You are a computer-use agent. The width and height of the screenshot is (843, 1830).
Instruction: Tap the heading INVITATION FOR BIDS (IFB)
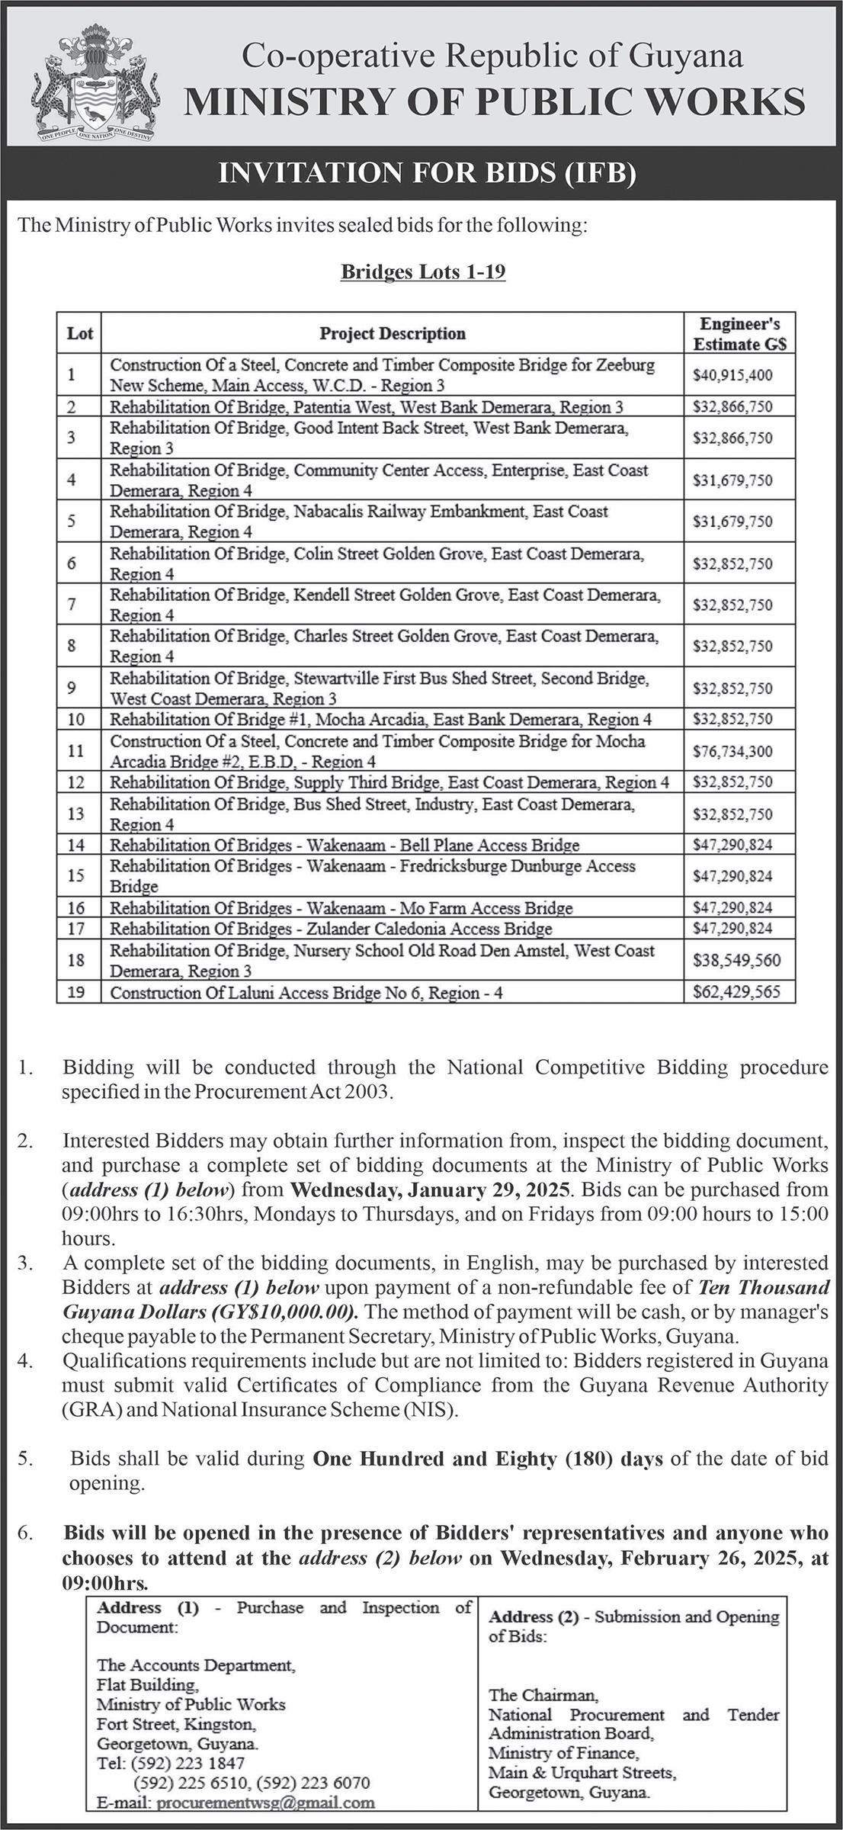[427, 173]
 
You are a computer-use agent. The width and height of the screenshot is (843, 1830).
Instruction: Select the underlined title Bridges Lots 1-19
[423, 271]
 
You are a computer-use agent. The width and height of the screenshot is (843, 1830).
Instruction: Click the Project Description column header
[392, 333]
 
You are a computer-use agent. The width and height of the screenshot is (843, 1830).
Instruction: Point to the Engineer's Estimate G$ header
[739, 333]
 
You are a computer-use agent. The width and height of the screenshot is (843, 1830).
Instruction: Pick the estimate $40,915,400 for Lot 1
[732, 375]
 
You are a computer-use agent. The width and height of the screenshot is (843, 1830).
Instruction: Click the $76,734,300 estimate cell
[732, 752]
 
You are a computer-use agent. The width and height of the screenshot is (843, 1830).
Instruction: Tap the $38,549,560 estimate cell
[736, 961]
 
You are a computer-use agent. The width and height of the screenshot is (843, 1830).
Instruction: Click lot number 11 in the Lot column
[75, 751]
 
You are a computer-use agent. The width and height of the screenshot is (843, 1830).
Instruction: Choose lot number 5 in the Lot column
[72, 522]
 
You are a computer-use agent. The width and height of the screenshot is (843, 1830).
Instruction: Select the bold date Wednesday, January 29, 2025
[431, 1189]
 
